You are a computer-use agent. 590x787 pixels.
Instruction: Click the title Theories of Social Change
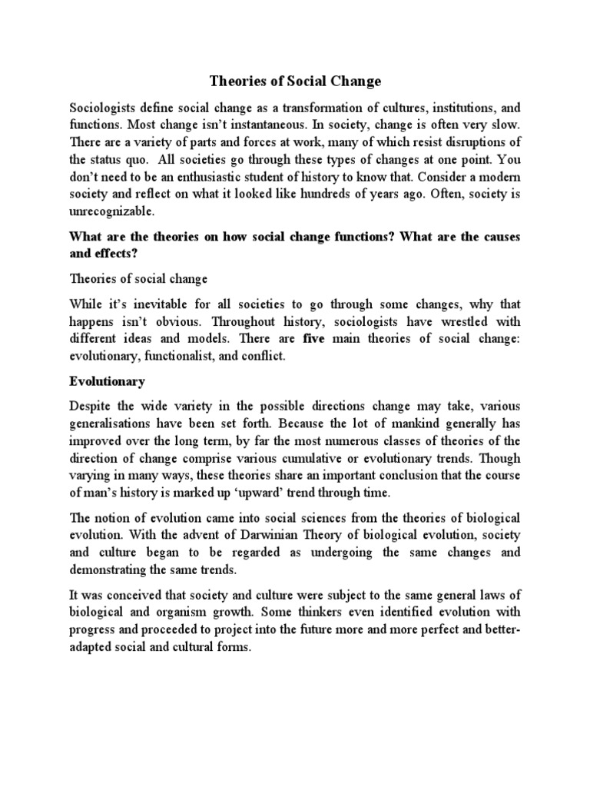point(296,81)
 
